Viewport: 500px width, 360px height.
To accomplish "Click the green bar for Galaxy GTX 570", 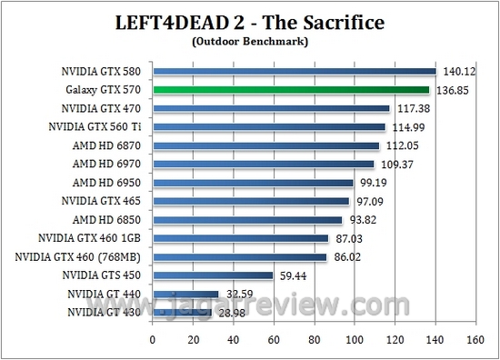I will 291,90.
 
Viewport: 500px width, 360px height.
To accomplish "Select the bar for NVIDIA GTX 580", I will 295,71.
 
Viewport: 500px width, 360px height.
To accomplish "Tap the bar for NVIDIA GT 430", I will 182,312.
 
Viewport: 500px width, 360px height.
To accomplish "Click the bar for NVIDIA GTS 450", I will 213,275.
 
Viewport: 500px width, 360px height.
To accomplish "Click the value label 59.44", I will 292,275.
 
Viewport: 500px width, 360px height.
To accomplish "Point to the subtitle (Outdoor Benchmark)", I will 249,41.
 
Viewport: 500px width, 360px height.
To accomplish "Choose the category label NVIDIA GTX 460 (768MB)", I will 81,256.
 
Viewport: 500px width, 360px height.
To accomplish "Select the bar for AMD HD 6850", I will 247,219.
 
